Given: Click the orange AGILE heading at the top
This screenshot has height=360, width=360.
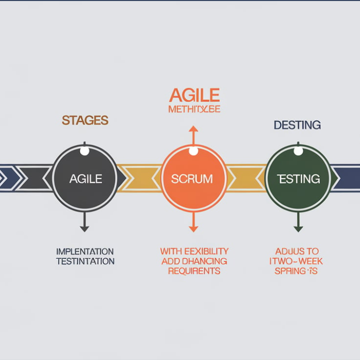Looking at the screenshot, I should [194, 95].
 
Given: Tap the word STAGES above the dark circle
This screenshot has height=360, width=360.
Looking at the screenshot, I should [85, 120].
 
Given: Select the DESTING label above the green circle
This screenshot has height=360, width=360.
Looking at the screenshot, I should [297, 125].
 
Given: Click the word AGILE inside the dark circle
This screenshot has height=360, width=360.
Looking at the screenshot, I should [85, 178].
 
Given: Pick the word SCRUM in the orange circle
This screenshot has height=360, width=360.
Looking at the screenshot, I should [191, 179].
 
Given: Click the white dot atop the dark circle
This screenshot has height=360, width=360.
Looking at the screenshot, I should [84, 150].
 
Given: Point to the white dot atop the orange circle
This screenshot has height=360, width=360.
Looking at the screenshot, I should [193, 151].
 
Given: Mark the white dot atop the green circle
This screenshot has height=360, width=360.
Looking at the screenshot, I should [298, 151].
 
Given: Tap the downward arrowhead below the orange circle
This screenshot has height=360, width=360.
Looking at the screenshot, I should [193, 228].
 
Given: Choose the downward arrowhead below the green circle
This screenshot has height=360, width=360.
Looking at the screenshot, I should [298, 228].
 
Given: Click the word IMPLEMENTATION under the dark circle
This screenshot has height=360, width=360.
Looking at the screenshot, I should [85, 251].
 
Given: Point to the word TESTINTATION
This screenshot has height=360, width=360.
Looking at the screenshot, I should [85, 261].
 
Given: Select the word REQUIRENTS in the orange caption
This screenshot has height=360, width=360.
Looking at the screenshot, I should [194, 271].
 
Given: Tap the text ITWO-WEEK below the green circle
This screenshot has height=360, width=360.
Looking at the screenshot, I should [297, 261].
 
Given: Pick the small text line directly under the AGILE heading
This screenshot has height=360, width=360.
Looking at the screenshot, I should [194, 109].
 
